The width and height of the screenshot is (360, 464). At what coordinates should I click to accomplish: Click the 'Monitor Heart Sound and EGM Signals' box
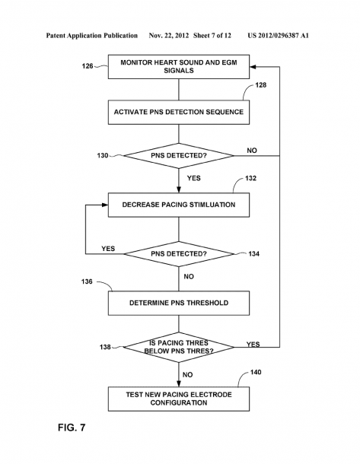(179, 67)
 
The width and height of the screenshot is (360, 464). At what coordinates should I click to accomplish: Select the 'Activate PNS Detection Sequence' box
(179, 112)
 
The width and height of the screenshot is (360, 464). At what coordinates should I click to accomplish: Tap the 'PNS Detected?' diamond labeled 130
(179, 156)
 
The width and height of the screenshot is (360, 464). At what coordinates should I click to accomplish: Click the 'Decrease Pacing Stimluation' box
(179, 205)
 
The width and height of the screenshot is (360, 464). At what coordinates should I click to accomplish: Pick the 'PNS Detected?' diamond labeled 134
(179, 254)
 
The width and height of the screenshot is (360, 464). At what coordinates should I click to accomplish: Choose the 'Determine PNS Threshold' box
(179, 303)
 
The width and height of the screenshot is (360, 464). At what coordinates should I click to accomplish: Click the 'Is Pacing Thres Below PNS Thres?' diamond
(179, 347)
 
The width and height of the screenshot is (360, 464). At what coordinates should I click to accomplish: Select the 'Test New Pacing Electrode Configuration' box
(179, 399)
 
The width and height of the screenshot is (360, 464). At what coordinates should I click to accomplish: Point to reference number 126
(88, 66)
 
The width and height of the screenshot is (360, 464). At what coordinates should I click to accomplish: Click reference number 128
(261, 85)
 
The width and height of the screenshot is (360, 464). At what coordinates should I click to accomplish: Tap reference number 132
(250, 178)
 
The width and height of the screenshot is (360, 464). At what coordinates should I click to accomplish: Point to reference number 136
(87, 281)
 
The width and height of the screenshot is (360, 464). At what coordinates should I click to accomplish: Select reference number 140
(256, 372)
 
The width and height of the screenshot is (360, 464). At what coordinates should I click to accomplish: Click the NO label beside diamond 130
(252, 151)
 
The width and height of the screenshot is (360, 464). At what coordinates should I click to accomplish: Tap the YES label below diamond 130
(193, 178)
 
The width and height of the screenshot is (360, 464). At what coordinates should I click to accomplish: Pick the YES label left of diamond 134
(108, 249)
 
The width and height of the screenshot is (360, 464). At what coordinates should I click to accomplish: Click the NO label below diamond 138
(188, 375)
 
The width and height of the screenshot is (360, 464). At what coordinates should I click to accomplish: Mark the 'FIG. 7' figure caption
(72, 427)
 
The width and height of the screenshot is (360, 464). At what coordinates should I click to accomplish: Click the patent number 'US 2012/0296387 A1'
(278, 36)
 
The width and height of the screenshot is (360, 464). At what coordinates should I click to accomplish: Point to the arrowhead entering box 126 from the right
(253, 67)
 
